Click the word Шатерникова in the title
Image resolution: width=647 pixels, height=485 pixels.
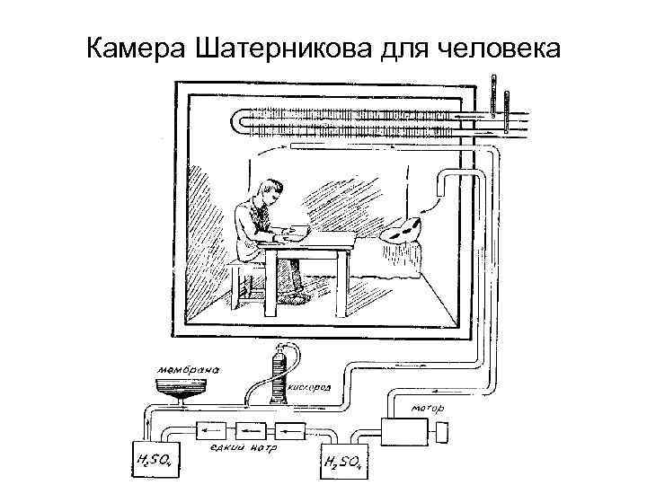(278, 46)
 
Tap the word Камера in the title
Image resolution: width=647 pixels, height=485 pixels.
(134, 46)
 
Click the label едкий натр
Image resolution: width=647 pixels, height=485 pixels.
(244, 446)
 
